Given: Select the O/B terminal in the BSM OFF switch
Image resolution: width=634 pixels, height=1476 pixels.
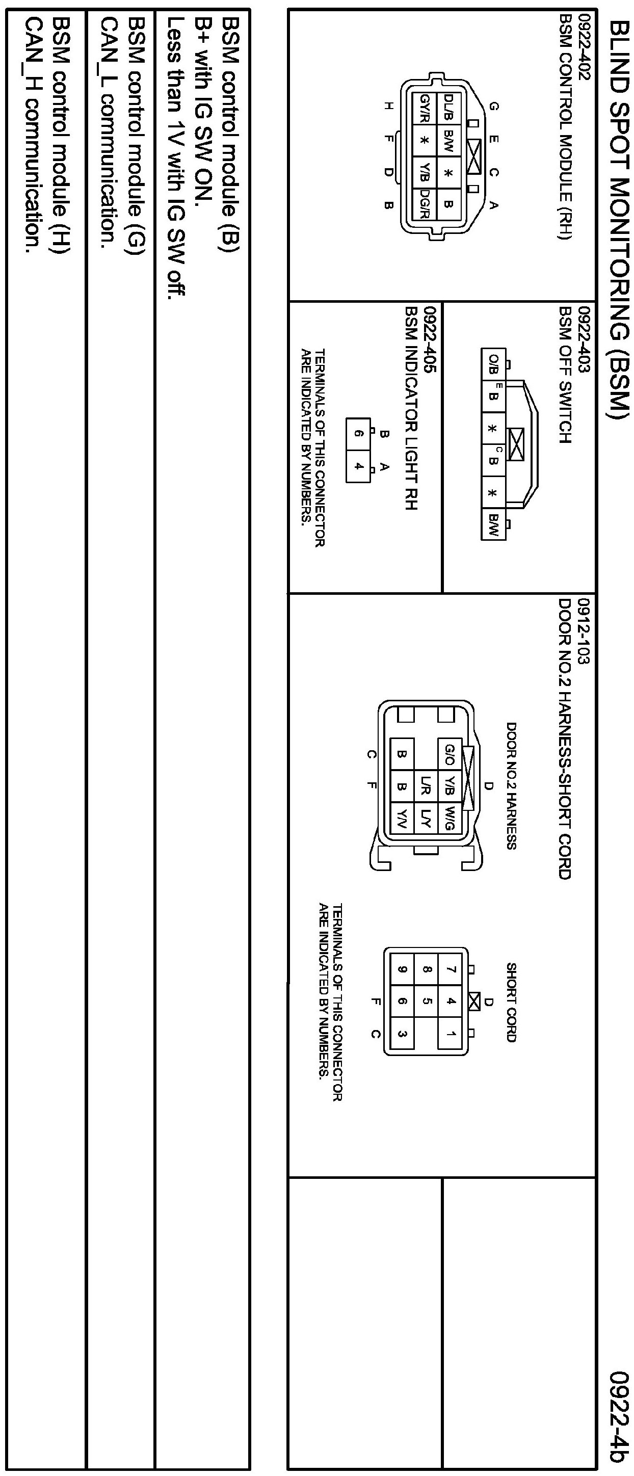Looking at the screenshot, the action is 493,363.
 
